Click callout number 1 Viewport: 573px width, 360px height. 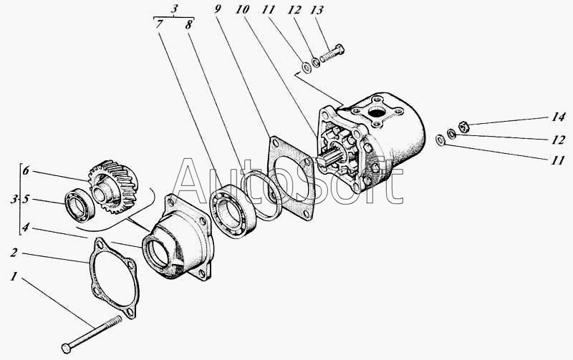[14, 277]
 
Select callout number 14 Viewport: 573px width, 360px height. [558, 117]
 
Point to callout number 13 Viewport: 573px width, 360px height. [317, 10]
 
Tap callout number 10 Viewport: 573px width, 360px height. [242, 9]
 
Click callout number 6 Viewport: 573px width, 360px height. [26, 170]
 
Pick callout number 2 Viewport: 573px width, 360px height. [14, 253]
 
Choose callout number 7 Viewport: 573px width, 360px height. [158, 24]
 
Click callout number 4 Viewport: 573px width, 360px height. [25, 228]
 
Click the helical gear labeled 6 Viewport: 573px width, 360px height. [114, 186]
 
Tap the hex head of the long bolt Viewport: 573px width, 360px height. [66, 349]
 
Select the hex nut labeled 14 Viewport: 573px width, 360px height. [463, 127]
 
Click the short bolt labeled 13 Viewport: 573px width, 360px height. [332, 53]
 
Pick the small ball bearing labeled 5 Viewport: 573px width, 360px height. [80, 205]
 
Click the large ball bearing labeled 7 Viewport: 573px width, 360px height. [232, 212]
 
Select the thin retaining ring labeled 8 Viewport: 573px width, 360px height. [263, 195]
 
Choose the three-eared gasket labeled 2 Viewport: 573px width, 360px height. [114, 278]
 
